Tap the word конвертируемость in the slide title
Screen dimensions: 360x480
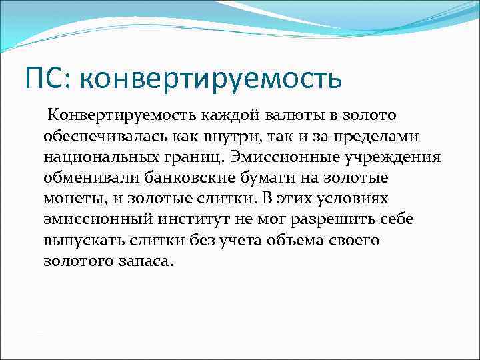(210, 79)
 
